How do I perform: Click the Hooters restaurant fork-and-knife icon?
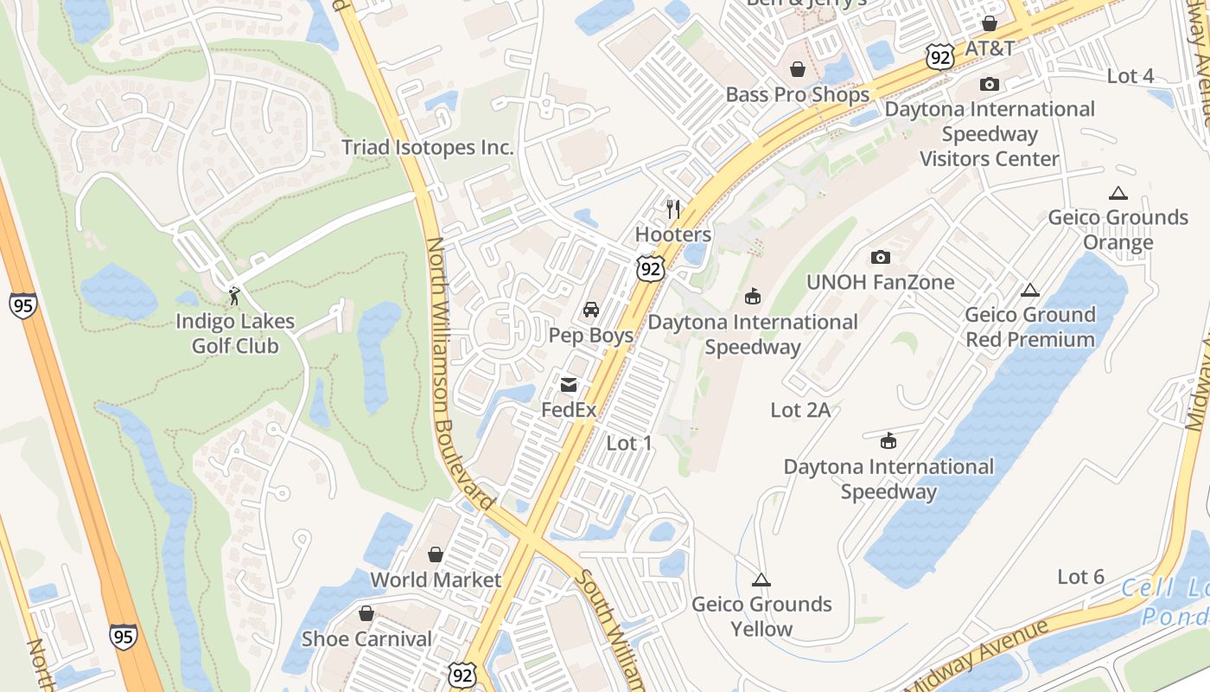pos(673,208)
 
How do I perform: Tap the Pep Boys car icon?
pos(591,310)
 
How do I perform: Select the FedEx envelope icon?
pos(569,385)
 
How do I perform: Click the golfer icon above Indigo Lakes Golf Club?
pos(234,296)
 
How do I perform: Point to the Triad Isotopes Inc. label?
pos(428,147)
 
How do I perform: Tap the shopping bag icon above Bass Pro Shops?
pos(797,69)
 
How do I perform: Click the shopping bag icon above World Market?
pos(436,554)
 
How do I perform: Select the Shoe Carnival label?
pos(366,639)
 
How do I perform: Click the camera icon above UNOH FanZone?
pos(881,257)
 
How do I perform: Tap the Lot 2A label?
pos(800,410)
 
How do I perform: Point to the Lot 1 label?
pos(628,444)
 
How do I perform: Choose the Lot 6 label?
pos(1080,577)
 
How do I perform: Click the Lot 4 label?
pos(1130,76)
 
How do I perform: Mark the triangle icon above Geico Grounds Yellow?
pos(761,580)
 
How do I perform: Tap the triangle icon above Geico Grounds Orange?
pos(1118,193)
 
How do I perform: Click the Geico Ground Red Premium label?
pos(1030,327)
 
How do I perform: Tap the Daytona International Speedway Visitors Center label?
pos(990,134)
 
